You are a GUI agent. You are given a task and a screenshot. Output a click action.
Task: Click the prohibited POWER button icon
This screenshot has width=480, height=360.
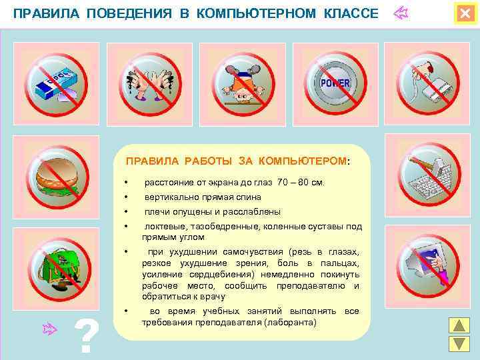point(335,83)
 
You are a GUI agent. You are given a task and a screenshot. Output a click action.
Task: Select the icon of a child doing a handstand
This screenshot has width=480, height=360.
point(243,83)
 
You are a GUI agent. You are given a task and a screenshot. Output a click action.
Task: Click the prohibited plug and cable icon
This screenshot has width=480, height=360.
point(428,83)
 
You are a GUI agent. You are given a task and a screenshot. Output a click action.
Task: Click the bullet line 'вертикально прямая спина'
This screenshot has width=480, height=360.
point(203,197)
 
